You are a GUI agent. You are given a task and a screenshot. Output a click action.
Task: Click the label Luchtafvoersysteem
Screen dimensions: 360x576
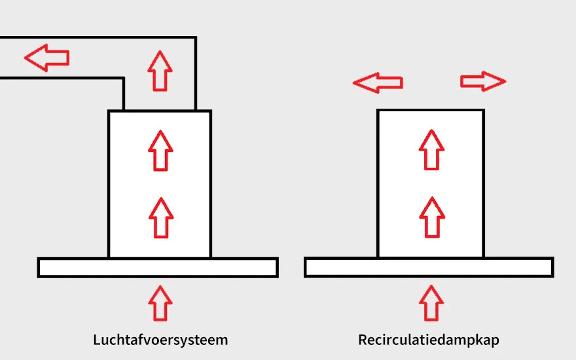pyautogui.click(x=160, y=340)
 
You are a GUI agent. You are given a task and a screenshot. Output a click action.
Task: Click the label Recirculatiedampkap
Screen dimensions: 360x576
pyautogui.click(x=429, y=340)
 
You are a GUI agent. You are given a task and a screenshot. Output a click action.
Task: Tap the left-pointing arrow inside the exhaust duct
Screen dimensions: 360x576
pyautogui.click(x=47, y=58)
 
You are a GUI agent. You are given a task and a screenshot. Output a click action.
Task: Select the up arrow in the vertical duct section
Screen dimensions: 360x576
pyautogui.click(x=159, y=71)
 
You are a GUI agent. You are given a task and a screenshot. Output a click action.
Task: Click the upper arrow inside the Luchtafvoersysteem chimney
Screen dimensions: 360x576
pyautogui.click(x=159, y=151)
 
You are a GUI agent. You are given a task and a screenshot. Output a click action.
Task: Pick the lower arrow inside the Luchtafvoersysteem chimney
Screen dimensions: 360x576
pyautogui.click(x=159, y=217)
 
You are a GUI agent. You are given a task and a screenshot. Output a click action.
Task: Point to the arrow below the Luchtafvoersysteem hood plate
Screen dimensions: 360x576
pyautogui.click(x=159, y=302)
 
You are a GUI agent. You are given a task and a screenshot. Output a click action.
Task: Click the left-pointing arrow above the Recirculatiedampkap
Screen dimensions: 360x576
pyautogui.click(x=378, y=82)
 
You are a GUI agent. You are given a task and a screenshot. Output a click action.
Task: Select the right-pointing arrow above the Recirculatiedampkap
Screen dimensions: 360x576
pyautogui.click(x=483, y=81)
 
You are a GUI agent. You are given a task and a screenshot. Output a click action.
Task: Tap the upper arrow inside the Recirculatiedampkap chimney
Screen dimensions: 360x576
pyautogui.click(x=431, y=150)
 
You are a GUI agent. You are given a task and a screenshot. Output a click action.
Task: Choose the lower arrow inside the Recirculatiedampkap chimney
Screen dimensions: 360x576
pyautogui.click(x=431, y=217)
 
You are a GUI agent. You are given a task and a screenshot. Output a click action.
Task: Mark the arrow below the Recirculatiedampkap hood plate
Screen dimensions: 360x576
pyautogui.click(x=431, y=302)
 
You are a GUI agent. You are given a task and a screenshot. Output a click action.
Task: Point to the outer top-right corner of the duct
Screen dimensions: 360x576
pyautogui.click(x=195, y=38)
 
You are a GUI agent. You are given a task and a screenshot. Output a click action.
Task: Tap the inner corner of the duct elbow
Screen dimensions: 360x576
pyautogui.click(x=124, y=79)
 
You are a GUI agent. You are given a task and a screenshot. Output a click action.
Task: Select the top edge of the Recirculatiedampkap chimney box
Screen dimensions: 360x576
pyautogui.click(x=431, y=111)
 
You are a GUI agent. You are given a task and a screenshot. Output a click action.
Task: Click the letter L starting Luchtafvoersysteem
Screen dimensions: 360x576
pyautogui.click(x=96, y=340)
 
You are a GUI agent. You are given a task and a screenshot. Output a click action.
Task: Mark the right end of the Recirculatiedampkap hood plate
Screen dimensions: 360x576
pyautogui.click(x=551, y=267)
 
